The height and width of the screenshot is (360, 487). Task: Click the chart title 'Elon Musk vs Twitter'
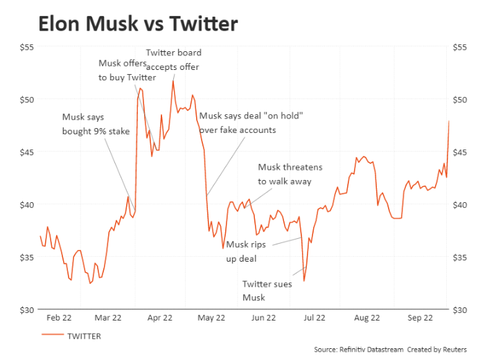coord(138,24)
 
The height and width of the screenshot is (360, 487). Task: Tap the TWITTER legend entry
coord(83,336)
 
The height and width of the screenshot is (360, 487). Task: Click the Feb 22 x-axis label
coord(58,318)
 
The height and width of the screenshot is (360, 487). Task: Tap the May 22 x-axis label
coord(211,318)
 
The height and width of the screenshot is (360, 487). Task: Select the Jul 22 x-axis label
coord(315,318)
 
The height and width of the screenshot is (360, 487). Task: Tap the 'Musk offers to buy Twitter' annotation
coord(127,71)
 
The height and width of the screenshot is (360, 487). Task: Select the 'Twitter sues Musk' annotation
coord(267,290)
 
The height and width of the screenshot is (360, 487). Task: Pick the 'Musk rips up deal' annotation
coord(247,251)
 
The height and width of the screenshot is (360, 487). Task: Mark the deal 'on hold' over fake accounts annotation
coord(251,123)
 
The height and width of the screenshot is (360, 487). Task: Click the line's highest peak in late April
coord(173,81)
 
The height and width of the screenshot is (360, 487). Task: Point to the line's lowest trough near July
coord(304,280)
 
